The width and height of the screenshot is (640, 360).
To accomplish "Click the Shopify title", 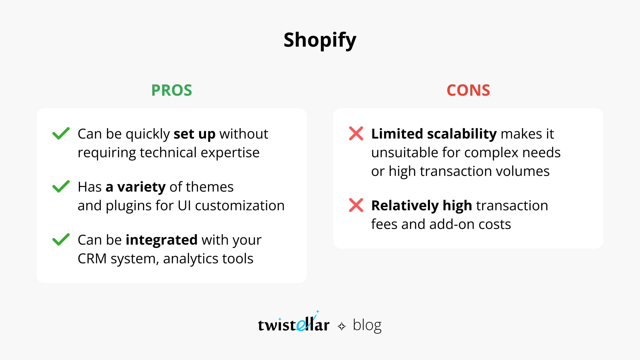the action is [320, 40].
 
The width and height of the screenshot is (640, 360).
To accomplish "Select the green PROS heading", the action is [172, 90].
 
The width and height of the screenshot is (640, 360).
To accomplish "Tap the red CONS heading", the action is [468, 90].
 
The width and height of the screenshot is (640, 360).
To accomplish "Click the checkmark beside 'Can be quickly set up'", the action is [61, 133].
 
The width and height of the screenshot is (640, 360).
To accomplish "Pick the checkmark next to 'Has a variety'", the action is [61, 186].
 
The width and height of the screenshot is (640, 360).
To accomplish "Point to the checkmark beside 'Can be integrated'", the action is [61, 239].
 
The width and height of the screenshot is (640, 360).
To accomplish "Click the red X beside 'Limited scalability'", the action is [356, 133].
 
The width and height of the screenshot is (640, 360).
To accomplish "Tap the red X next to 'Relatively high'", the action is [356, 205].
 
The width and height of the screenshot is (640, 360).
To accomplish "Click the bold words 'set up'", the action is [195, 134].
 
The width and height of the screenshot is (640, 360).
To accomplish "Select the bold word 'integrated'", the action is [162, 240].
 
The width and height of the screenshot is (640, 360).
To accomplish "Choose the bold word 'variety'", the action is [141, 187].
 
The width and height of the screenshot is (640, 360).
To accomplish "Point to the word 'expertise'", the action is [230, 153].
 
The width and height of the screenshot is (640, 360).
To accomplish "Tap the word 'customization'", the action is [240, 206].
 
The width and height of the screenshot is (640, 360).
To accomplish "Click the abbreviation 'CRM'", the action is [92, 259].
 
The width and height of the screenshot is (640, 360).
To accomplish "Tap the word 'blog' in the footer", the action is [367, 325].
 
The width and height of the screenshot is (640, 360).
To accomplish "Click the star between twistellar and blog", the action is [342, 326].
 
